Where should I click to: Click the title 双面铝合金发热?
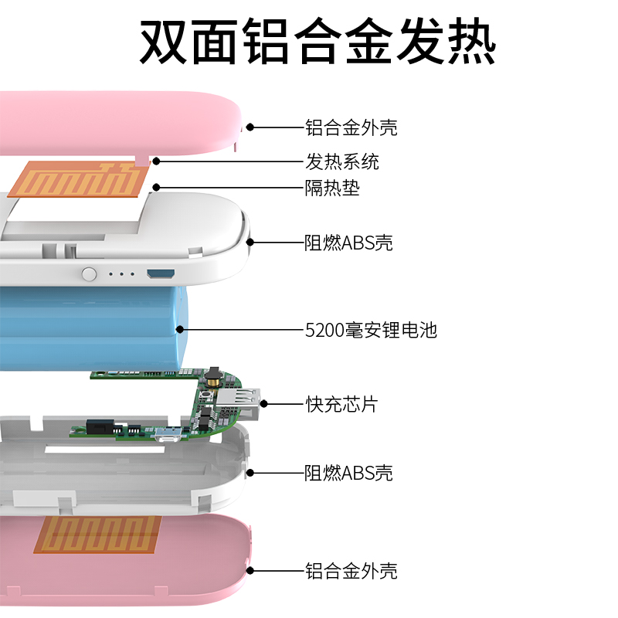tap(317, 40)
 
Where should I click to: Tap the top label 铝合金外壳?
tap(351, 127)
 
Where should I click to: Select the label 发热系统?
tap(342, 162)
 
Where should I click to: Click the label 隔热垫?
tap(332, 187)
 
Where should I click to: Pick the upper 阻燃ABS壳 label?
tap(348, 243)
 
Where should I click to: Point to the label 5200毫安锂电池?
tap(371, 331)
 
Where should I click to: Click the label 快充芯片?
tap(341, 403)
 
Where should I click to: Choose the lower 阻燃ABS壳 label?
tap(348, 472)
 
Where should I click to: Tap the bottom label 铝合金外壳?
tap(351, 572)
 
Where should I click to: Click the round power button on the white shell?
tap(90, 273)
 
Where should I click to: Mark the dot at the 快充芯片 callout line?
tap(264, 403)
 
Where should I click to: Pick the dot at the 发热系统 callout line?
tap(156, 161)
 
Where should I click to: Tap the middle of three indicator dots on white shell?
tap(121, 273)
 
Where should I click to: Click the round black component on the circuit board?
tap(214, 374)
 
